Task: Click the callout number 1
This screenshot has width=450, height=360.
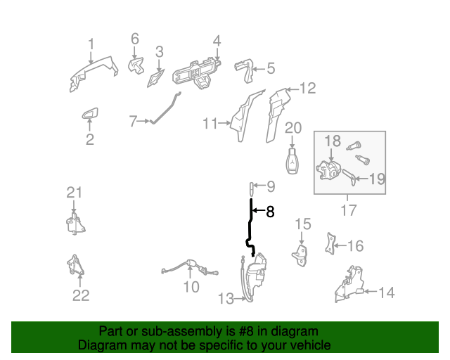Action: pyautogui.click(x=91, y=44)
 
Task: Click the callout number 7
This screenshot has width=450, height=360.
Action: pyautogui.click(x=133, y=121)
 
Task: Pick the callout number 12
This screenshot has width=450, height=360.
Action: pyautogui.click(x=308, y=89)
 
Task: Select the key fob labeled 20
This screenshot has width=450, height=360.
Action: pyautogui.click(x=292, y=161)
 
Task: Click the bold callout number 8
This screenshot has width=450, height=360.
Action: pyautogui.click(x=270, y=210)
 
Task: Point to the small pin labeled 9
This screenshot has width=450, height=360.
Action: pyautogui.click(x=251, y=187)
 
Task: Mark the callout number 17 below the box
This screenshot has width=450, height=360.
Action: pyautogui.click(x=349, y=210)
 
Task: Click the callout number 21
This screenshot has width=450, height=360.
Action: pyautogui.click(x=75, y=192)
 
